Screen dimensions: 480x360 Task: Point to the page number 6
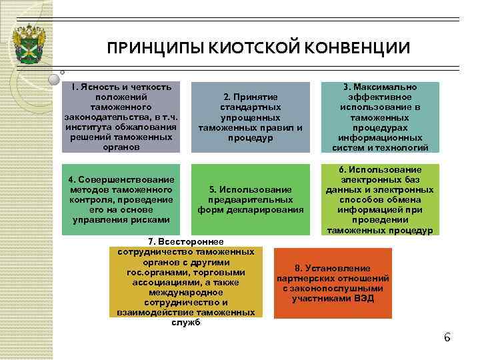pos(447,337)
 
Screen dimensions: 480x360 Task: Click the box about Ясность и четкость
pos(121,117)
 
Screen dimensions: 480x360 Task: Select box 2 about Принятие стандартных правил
pos(251,117)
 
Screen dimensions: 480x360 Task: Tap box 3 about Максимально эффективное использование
pos(380,117)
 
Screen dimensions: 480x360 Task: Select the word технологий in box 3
pos(403,148)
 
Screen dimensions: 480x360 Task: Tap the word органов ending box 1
pos(122,147)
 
